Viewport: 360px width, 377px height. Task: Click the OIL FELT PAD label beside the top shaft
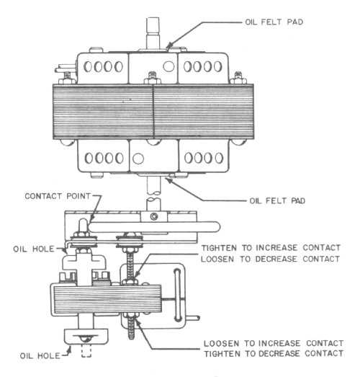click(x=274, y=22)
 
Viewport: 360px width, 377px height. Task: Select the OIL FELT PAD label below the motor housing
click(x=277, y=201)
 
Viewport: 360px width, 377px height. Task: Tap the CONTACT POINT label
click(x=58, y=196)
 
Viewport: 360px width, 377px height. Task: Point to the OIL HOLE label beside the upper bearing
click(x=34, y=249)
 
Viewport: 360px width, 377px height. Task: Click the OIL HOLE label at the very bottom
click(x=40, y=355)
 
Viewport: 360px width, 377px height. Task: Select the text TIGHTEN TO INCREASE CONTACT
click(x=271, y=248)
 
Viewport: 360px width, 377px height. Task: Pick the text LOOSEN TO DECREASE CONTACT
click(x=271, y=259)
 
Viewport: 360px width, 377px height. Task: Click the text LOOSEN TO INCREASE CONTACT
click(x=274, y=343)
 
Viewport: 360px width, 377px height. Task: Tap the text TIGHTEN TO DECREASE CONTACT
click(x=274, y=354)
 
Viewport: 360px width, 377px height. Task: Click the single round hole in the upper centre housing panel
click(x=168, y=66)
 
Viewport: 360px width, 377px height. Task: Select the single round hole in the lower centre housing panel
click(x=138, y=159)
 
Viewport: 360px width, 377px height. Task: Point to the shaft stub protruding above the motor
click(x=153, y=34)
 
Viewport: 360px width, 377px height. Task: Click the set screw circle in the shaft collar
click(x=153, y=216)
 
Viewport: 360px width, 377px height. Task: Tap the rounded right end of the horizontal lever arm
click(x=215, y=227)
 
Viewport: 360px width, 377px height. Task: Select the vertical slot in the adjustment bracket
click(x=177, y=296)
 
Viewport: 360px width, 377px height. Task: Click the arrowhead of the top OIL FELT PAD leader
click(x=169, y=45)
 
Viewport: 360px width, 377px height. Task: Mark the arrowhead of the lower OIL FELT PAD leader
click(x=168, y=180)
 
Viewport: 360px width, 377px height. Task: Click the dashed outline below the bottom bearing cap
click(x=86, y=351)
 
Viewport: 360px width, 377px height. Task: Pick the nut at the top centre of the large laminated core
click(x=152, y=79)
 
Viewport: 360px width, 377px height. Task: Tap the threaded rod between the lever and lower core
click(x=130, y=267)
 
